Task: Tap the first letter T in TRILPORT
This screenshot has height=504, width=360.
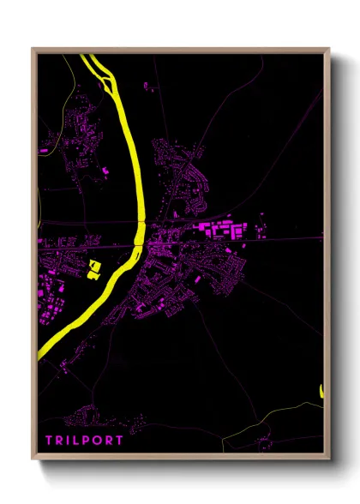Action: click(x=50, y=440)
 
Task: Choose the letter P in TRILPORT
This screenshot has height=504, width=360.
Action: click(x=88, y=440)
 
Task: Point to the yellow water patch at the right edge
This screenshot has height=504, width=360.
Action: click(x=322, y=391)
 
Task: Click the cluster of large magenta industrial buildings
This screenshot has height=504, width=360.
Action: click(x=225, y=231)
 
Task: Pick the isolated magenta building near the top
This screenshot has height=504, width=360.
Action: click(x=146, y=85)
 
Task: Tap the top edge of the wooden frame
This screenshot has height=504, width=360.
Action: click(x=180, y=50)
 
